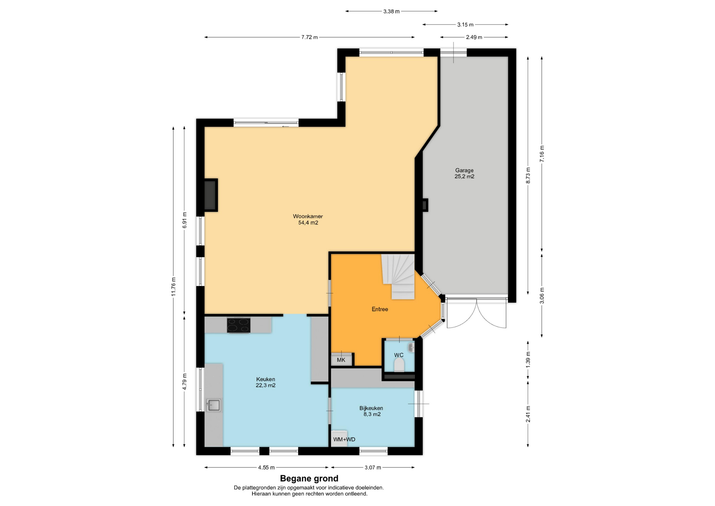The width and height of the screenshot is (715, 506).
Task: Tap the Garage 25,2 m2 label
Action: point(464,173)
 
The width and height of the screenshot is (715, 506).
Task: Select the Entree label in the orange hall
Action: point(380,309)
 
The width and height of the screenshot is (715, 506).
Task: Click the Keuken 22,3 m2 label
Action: point(266,382)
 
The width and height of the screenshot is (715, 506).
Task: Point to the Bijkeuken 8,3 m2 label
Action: point(371,411)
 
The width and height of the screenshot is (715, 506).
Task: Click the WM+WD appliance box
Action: point(340,438)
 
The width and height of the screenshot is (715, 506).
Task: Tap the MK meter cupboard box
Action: point(341,360)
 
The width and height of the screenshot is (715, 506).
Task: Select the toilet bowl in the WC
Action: point(399,365)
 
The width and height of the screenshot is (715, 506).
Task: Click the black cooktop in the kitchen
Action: point(239,325)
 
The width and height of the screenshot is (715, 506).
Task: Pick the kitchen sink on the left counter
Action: point(214,405)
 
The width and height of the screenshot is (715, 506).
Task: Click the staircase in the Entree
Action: point(398,276)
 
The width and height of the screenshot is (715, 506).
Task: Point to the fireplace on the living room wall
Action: point(211,195)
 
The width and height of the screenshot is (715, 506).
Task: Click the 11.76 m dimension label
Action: point(173,287)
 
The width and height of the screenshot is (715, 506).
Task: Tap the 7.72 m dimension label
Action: point(309,37)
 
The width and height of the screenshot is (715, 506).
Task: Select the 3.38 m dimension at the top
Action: point(391,12)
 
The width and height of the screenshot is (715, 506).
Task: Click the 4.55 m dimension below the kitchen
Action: point(266,468)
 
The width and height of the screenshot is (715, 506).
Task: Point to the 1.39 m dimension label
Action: point(528,360)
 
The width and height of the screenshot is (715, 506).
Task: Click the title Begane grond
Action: point(309,478)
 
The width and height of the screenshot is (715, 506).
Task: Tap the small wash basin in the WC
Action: point(411,348)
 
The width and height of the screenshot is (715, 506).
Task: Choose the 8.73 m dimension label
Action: point(528,175)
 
